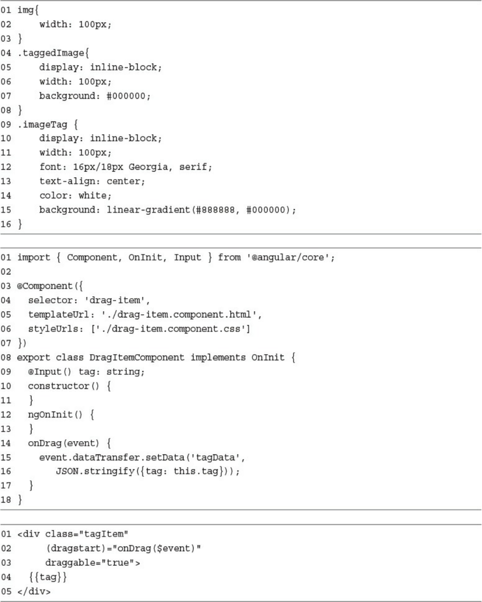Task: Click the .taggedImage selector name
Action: [52, 53]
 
